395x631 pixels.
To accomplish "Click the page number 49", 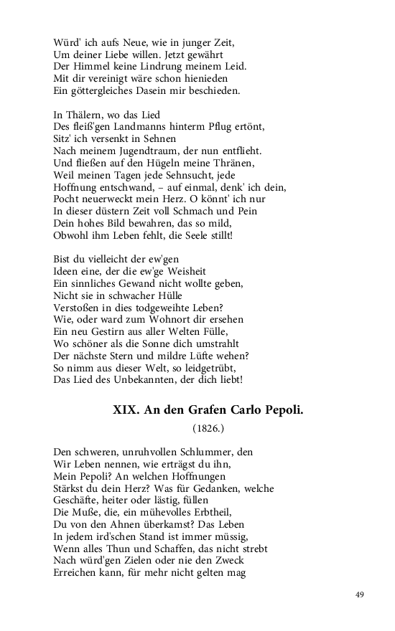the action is point(360,594).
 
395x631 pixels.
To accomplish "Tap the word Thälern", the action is point(88,115).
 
